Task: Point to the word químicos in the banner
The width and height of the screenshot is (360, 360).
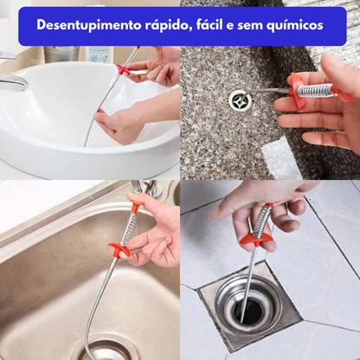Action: [x=293, y=26]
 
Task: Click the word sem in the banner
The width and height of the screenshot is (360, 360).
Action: [x=254, y=26]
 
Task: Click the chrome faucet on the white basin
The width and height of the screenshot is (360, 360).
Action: [x=13, y=82]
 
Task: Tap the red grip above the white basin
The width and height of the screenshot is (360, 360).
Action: [x=124, y=69]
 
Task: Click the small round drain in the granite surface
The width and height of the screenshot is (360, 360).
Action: [x=240, y=100]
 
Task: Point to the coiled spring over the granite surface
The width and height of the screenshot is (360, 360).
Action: [x=312, y=87]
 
